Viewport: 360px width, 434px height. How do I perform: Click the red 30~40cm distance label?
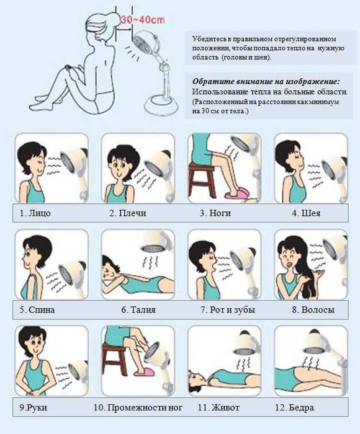[142, 19]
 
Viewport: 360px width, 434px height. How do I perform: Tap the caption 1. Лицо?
[35, 213]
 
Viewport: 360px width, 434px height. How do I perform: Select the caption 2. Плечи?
[128, 213]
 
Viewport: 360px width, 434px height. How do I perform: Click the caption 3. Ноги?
[215, 213]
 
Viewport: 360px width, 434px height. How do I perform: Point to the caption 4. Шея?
[306, 213]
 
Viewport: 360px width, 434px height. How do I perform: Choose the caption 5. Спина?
[37, 309]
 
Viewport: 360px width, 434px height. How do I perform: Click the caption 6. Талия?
[138, 309]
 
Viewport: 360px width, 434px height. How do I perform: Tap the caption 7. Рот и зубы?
[228, 309]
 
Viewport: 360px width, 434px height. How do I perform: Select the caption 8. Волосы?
[313, 309]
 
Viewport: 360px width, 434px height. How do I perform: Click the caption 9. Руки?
[34, 407]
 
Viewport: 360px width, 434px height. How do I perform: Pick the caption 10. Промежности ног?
[138, 407]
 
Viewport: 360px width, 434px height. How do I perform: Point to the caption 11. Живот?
[218, 407]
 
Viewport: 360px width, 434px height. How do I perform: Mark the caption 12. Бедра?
[295, 407]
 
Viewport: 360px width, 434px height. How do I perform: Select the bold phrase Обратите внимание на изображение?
[266, 82]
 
